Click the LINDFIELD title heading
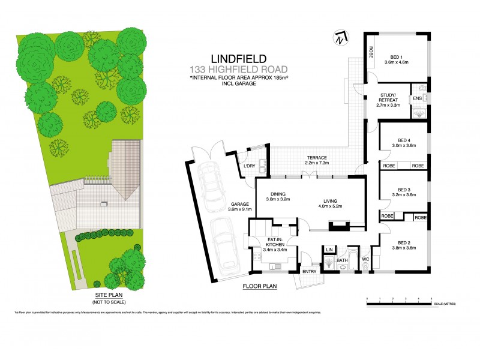(223, 59)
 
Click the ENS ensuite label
(418, 99)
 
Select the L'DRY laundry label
(249, 165)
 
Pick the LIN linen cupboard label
(329, 248)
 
